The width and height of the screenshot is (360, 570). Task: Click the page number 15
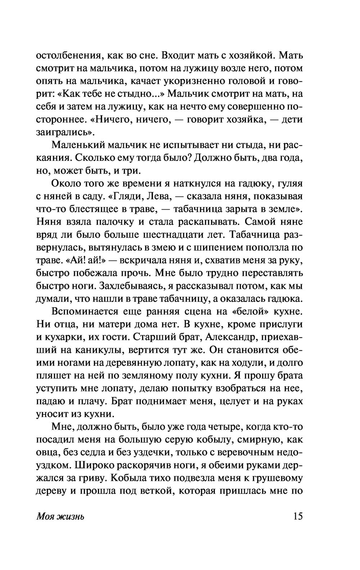298,516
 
